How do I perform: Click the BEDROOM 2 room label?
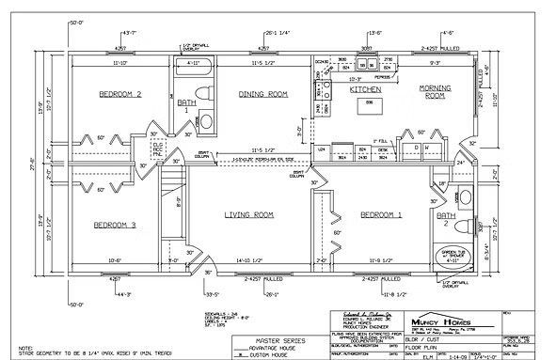(119, 94)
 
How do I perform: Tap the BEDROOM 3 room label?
(115, 225)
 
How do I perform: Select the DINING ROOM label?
(262, 94)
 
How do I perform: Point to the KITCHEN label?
(364, 90)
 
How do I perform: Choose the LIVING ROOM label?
(248, 215)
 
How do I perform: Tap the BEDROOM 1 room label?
(381, 215)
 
